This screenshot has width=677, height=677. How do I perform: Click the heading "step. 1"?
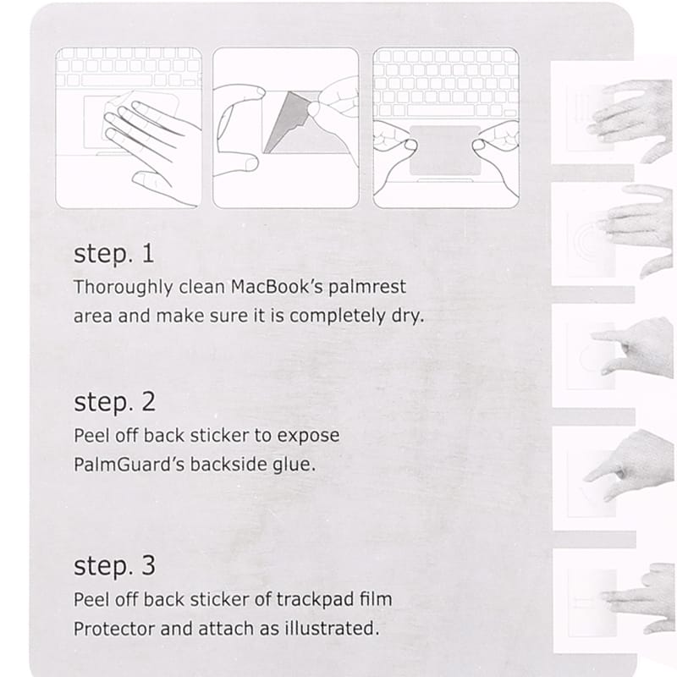click(x=114, y=255)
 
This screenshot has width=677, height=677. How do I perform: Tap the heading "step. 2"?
click(x=114, y=403)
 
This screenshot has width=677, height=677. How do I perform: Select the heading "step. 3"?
click(x=114, y=566)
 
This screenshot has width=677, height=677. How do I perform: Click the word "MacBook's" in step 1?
click(x=277, y=287)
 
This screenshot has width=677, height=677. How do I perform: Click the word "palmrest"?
click(x=367, y=288)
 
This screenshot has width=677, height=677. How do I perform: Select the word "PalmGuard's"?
click(x=129, y=465)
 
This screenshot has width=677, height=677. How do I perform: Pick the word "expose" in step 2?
click(x=308, y=437)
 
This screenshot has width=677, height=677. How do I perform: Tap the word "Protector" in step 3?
click(x=114, y=629)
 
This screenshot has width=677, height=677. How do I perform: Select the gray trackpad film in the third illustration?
click(x=445, y=151)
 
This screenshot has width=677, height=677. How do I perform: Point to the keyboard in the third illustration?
click(x=446, y=83)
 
